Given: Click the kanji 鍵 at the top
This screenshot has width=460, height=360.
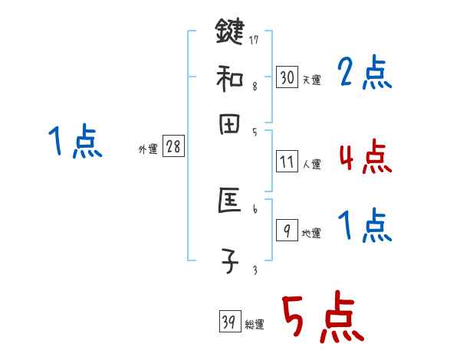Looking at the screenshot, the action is (229, 34).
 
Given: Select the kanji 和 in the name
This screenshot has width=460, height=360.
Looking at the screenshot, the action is (229, 77).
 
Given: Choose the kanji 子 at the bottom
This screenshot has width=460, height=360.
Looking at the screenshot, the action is (229, 260).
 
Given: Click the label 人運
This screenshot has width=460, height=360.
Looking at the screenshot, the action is (311, 164).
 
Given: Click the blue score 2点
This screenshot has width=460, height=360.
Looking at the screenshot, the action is (364, 74).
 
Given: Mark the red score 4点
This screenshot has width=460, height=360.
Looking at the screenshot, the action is (364, 157).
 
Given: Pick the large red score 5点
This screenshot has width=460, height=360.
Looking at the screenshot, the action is (322, 319).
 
